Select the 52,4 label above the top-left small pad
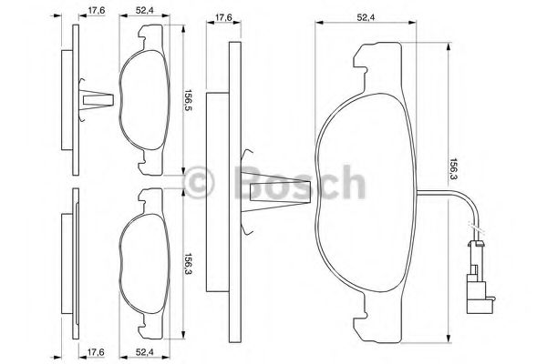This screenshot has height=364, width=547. click(x=143, y=12)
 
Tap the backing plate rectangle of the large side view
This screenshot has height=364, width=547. click(x=212, y=191)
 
